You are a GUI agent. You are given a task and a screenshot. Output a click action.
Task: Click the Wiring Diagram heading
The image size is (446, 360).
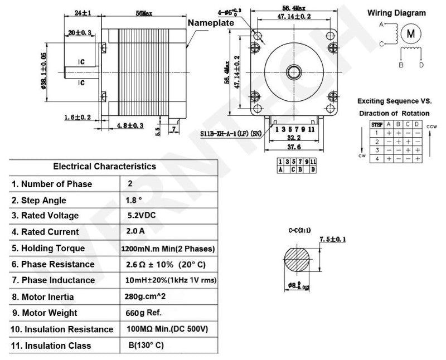pyautogui.click(x=397, y=13)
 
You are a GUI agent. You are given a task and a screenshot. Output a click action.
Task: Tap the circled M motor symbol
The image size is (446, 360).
pyautogui.click(x=411, y=33)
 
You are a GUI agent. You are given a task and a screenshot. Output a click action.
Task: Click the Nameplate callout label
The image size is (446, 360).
pyautogui.click(x=210, y=23)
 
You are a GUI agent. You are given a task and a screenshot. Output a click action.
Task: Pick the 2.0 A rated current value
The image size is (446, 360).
pyautogui.click(x=136, y=231)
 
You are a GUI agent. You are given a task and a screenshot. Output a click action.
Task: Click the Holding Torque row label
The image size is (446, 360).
pyautogui.click(x=49, y=248)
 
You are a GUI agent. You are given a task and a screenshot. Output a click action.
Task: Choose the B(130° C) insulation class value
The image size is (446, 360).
pyautogui.click(x=146, y=345)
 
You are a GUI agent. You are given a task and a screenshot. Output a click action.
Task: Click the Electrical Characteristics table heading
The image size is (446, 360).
pyautogui.click(x=104, y=166)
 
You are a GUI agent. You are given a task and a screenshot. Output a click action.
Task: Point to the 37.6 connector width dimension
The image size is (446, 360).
pyautogui.click(x=294, y=147)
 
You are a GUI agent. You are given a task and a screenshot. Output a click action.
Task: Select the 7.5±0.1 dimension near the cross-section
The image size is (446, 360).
pyautogui.click(x=333, y=239)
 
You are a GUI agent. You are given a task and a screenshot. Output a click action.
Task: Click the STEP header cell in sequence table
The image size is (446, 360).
pyautogui.click(x=377, y=124)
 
